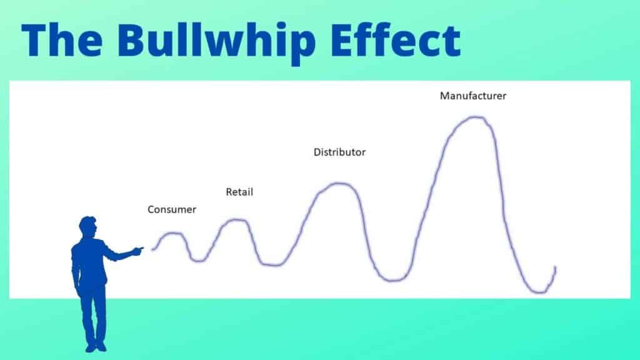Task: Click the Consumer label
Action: coord(171,210)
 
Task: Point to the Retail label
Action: coord(239,192)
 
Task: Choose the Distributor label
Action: coord(339,152)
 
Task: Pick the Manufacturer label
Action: coord(472,96)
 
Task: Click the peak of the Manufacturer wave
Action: coord(476,117)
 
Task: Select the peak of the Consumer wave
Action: coord(173,233)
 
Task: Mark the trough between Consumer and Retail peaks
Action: coord(199,259)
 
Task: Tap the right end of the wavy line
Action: coord(555,267)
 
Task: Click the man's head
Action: coord(87,227)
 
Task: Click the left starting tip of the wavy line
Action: coord(152,249)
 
